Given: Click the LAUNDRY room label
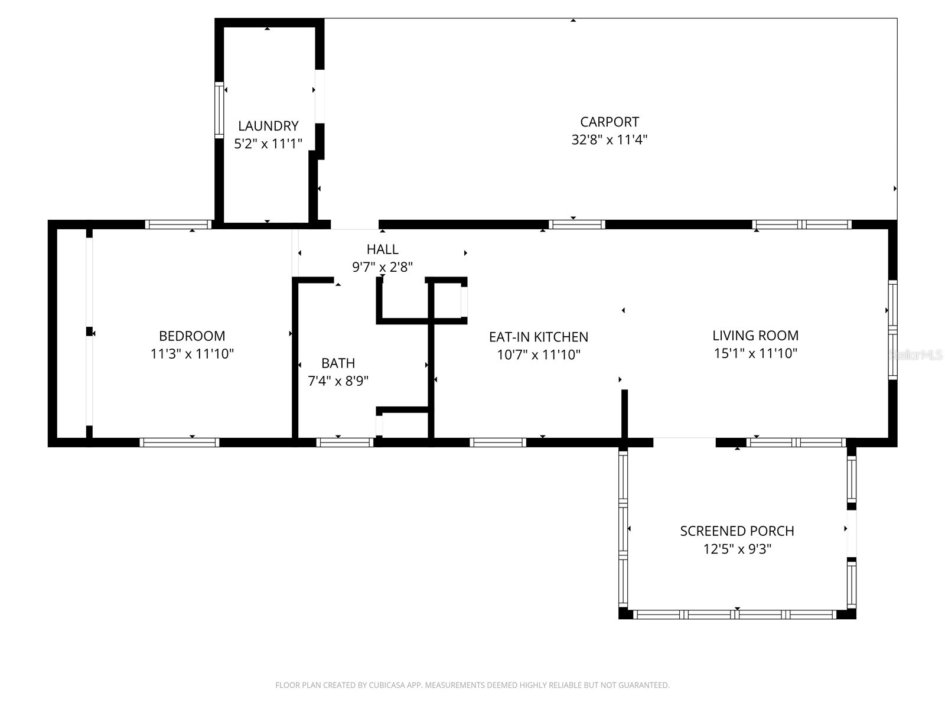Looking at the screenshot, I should point(268,126).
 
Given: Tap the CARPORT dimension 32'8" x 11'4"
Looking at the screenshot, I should point(610,140).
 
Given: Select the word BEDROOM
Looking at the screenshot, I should point(192,336).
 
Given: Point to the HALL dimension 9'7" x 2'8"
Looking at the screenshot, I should point(382,267).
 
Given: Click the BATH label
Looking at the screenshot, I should point(338,363).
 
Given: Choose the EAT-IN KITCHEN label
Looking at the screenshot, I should point(538,337).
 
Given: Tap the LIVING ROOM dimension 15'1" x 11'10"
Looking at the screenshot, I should point(755,353).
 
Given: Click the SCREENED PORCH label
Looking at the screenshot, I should point(737,531).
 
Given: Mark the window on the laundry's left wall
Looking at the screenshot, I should point(219,110).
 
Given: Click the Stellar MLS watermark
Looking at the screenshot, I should point(916,355).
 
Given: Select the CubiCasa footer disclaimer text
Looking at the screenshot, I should point(472,685).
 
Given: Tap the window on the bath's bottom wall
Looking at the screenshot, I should point(345,442).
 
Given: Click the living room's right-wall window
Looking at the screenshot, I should point(892,330).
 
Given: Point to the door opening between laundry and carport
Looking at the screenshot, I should point(320,96).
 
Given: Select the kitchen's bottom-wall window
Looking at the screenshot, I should point(497,442).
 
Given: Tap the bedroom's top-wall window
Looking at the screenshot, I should point(178,225).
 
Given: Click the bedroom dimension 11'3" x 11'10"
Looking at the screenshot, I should point(192,354).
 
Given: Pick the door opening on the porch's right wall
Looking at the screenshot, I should point(851,534).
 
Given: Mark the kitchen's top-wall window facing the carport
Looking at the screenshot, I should point(576,225).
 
